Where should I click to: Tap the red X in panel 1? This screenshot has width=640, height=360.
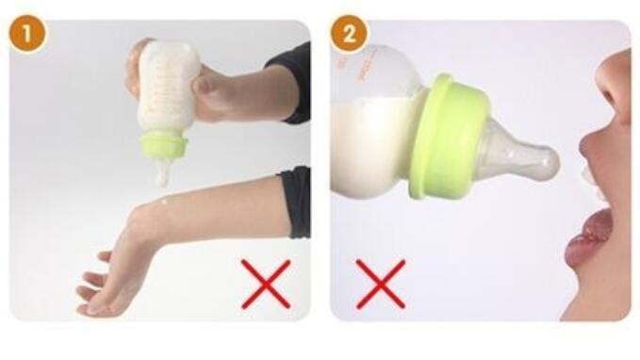265,284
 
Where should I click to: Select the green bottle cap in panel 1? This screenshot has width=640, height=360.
162,146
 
